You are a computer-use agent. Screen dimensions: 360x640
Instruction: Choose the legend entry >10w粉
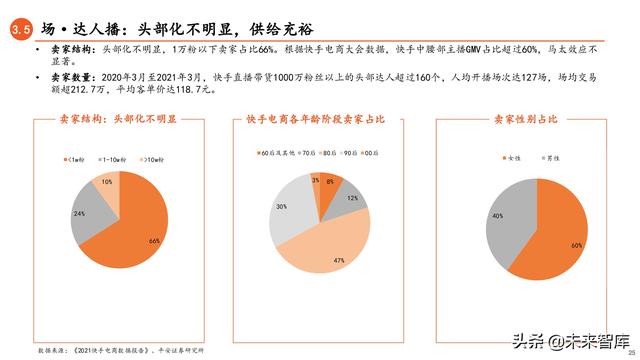(x=150, y=159)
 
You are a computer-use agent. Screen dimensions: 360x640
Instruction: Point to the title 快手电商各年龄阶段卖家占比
(x=317, y=120)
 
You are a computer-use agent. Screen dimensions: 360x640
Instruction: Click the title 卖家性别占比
(x=526, y=120)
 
